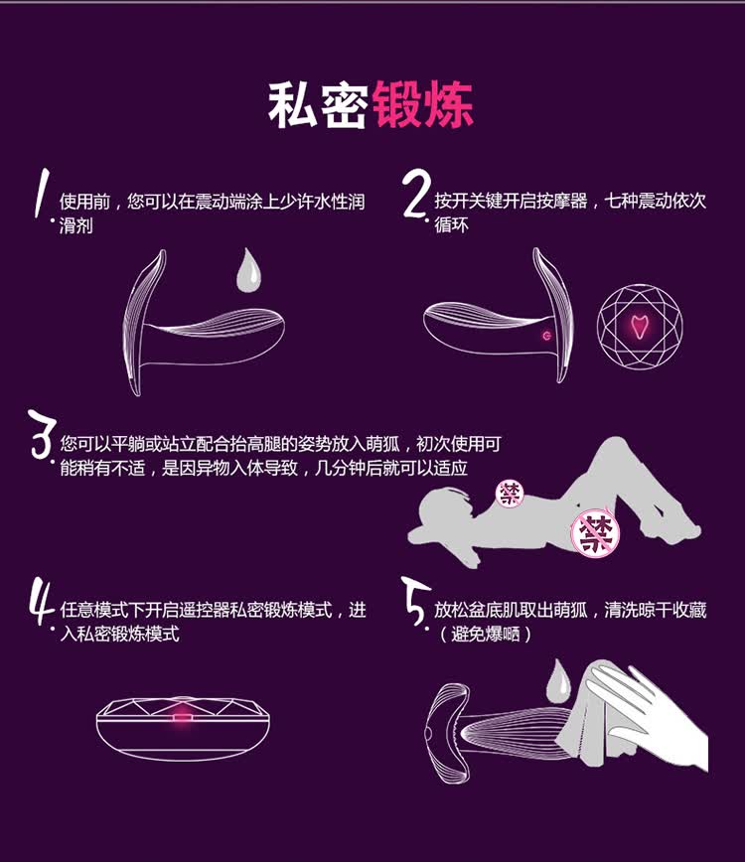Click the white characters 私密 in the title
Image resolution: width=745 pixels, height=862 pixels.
click(318, 105)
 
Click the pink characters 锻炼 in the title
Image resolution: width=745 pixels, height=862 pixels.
click(423, 105)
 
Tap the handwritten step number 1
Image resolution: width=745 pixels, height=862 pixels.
click(41, 194)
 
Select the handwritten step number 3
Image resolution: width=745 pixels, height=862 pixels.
click(43, 434)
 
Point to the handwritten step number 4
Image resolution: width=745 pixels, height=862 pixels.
click(42, 601)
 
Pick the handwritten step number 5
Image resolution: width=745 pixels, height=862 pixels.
click(415, 601)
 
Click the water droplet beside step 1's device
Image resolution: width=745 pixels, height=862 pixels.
click(248, 270)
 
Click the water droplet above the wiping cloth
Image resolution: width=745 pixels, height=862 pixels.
click(558, 681)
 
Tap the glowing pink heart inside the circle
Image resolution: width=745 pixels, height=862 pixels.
click(639, 327)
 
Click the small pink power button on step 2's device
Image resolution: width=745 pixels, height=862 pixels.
click(546, 336)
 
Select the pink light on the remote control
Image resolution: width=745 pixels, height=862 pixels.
click(182, 716)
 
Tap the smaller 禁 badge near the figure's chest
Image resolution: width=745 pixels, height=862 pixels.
click(510, 494)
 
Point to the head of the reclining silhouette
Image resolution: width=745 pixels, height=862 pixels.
click(443, 504)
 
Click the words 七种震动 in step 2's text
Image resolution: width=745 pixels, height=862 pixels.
click(638, 202)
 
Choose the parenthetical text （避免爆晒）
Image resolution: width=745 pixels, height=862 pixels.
click(485, 635)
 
